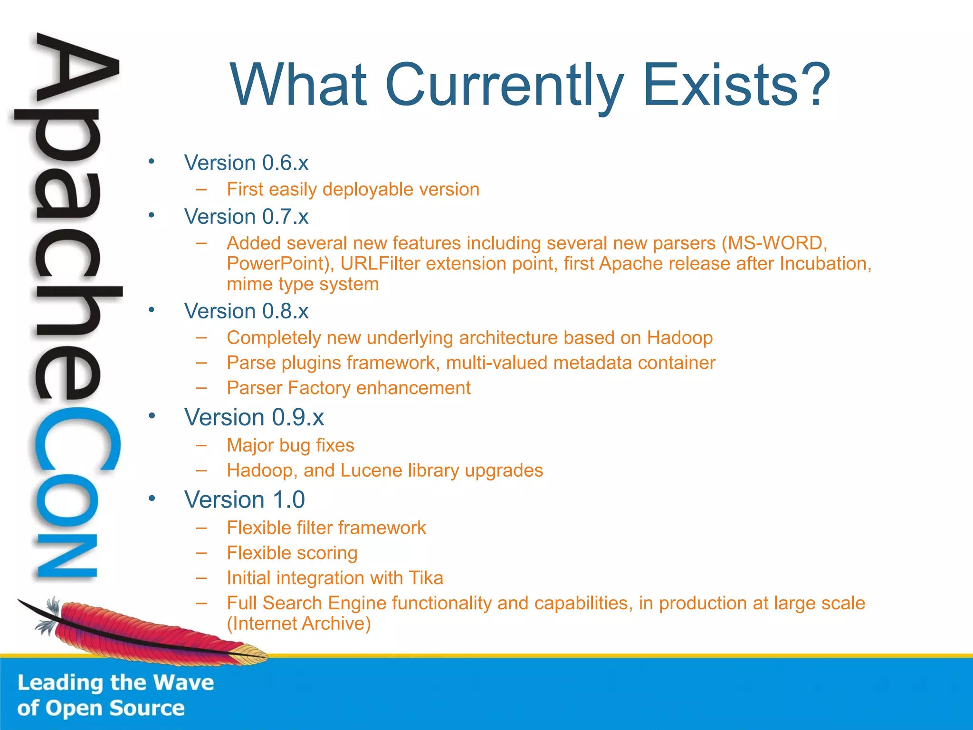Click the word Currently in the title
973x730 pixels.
[x=504, y=86]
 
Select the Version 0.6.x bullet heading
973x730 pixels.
[x=246, y=163]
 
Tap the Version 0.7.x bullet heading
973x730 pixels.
[x=246, y=217]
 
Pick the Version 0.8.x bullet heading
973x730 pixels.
[x=246, y=311]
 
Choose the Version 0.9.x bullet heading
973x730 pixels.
[x=254, y=417]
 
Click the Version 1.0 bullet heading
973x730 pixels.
[x=244, y=499]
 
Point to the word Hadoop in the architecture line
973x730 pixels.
[x=679, y=338]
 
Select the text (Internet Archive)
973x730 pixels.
[x=298, y=624]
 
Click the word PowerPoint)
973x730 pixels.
[x=280, y=264]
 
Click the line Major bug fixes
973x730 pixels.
[x=290, y=445]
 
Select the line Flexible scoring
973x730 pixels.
[x=292, y=553]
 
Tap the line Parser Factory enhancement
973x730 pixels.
[x=348, y=388]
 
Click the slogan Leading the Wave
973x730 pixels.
[x=115, y=683]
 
